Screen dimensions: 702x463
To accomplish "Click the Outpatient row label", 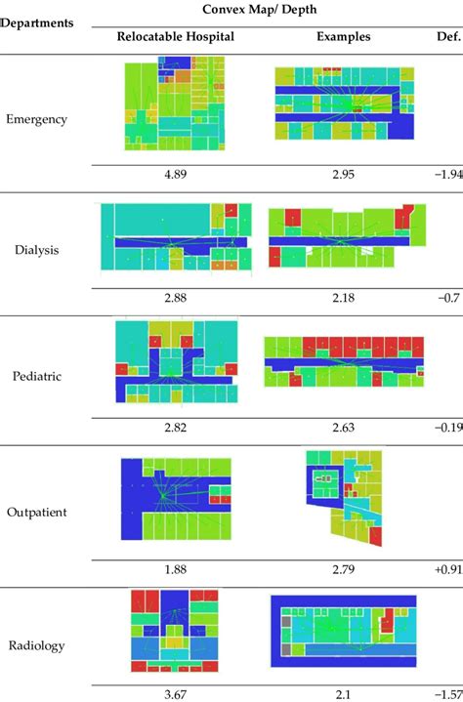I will (37, 512).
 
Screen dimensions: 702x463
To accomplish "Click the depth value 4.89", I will (176, 176).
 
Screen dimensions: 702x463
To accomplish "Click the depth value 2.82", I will (176, 426).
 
